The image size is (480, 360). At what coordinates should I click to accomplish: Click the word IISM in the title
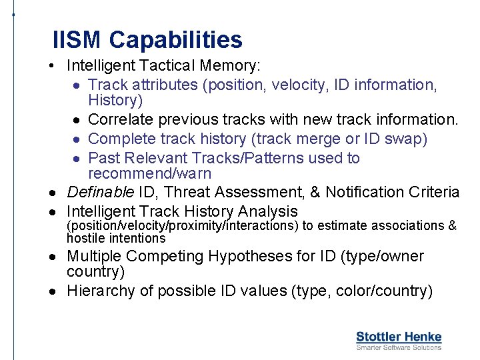point(78,40)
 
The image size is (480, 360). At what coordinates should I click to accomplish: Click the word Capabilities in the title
point(176,40)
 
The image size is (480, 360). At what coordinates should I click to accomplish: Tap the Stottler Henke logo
point(399,337)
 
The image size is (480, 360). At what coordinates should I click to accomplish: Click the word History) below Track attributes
point(115,100)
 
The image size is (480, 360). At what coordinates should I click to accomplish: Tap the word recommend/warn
point(149,173)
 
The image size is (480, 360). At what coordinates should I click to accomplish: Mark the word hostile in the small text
point(86,238)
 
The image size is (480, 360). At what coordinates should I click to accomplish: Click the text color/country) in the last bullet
point(384,291)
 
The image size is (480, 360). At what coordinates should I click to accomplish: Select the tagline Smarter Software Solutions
point(399,347)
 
